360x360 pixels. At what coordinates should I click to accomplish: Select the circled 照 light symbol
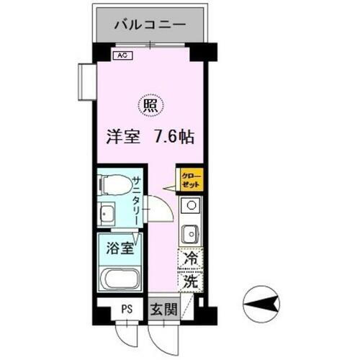pos(150,106)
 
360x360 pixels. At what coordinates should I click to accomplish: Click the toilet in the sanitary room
pos(112,186)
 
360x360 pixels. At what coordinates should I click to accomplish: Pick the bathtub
pos(120,279)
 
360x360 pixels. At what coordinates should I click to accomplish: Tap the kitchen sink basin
pos(192,234)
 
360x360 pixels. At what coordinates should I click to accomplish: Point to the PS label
pos(127,310)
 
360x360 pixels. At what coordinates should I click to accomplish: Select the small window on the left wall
pos(87,79)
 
